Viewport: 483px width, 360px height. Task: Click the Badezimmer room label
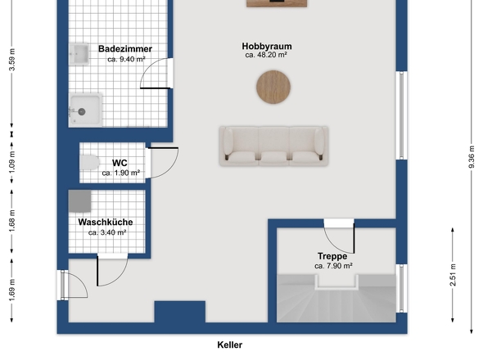(x=125, y=48)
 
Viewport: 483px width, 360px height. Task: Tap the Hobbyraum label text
(x=267, y=46)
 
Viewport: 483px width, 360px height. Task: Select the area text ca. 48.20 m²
(x=266, y=55)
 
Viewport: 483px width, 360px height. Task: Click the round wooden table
(x=273, y=87)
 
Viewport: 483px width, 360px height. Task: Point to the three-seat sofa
(x=273, y=146)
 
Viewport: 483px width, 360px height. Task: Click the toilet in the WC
(x=89, y=162)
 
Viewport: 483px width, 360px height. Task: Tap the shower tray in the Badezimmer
(x=85, y=110)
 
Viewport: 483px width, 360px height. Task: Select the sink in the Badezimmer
(x=79, y=54)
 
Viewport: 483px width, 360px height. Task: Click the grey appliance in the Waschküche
(x=79, y=201)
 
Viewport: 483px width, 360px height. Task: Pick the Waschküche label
(x=106, y=222)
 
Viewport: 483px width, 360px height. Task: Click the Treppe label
(x=332, y=256)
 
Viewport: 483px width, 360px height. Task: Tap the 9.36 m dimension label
(x=472, y=157)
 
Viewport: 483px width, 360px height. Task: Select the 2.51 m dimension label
(x=453, y=275)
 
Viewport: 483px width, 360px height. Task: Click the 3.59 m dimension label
(x=12, y=60)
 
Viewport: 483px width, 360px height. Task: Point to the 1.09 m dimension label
(x=12, y=163)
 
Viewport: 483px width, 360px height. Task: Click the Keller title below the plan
(x=230, y=345)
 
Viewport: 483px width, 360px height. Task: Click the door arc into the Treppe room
(x=334, y=245)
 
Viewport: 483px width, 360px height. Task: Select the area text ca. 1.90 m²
(x=121, y=173)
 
